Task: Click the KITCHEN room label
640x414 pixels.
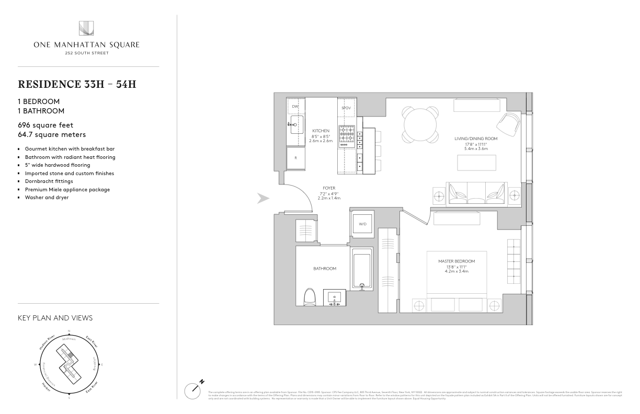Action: coord(321,131)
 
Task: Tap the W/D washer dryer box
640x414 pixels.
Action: coord(362,224)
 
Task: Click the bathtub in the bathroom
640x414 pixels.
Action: coord(362,268)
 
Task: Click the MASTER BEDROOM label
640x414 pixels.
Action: coord(456,261)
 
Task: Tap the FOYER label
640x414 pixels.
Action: coord(329,188)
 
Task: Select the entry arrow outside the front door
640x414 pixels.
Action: coord(264,198)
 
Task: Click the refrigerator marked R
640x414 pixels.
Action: coord(295,157)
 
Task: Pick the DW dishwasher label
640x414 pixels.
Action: coord(295,107)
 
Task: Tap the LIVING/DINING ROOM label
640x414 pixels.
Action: coord(475,139)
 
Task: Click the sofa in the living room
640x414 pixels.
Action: coord(476,193)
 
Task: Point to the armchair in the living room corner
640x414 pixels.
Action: coord(508,124)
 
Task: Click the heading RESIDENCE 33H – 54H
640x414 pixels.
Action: coord(77,84)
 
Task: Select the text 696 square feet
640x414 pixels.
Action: coord(45,125)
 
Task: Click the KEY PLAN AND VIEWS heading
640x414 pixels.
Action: coord(55,318)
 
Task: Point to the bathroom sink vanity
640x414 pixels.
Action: coord(334,297)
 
